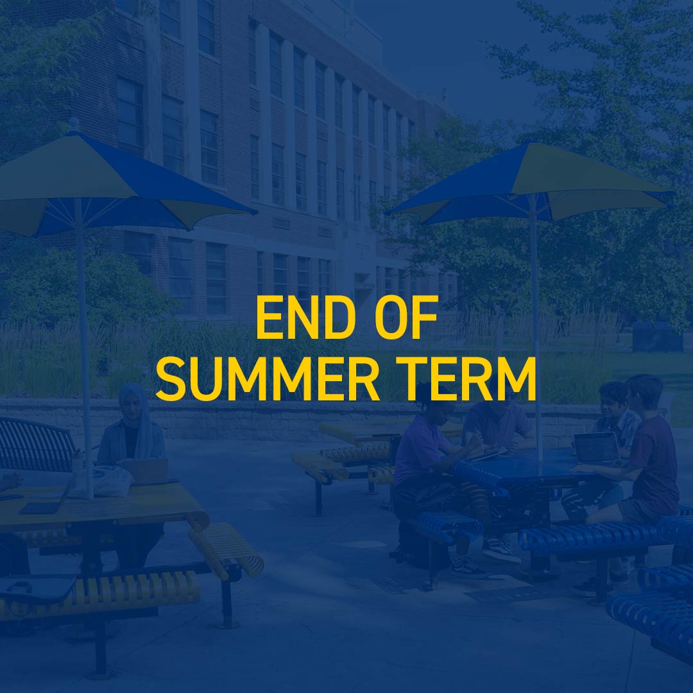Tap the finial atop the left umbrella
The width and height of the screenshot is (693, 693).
tap(74, 124)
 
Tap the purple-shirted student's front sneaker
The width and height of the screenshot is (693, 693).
tap(501, 553)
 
